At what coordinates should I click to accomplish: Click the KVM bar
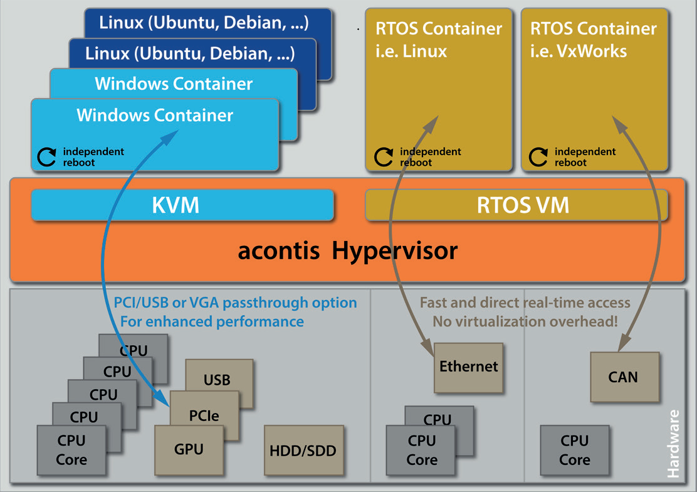pos(182,205)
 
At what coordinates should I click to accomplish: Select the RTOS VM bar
pos(516,205)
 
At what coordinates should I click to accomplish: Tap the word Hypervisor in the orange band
pos(395,252)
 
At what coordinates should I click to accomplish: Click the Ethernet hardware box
pos(468,367)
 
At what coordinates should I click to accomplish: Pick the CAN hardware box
pos(624,377)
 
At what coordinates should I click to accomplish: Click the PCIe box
pos(204,415)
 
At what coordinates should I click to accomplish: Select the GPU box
pos(189,449)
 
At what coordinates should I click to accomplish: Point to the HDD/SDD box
pos(303,451)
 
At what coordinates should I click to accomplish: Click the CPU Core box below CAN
pos(574,451)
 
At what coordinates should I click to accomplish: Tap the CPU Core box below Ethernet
pos(421,451)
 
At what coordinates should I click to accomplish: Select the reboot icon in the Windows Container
pos(47,157)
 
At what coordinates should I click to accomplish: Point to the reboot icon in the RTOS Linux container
pos(384,157)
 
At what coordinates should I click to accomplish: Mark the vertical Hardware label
pos(674,443)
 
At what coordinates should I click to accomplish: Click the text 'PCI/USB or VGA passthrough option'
pos(235,302)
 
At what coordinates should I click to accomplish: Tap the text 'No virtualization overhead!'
pos(525,321)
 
